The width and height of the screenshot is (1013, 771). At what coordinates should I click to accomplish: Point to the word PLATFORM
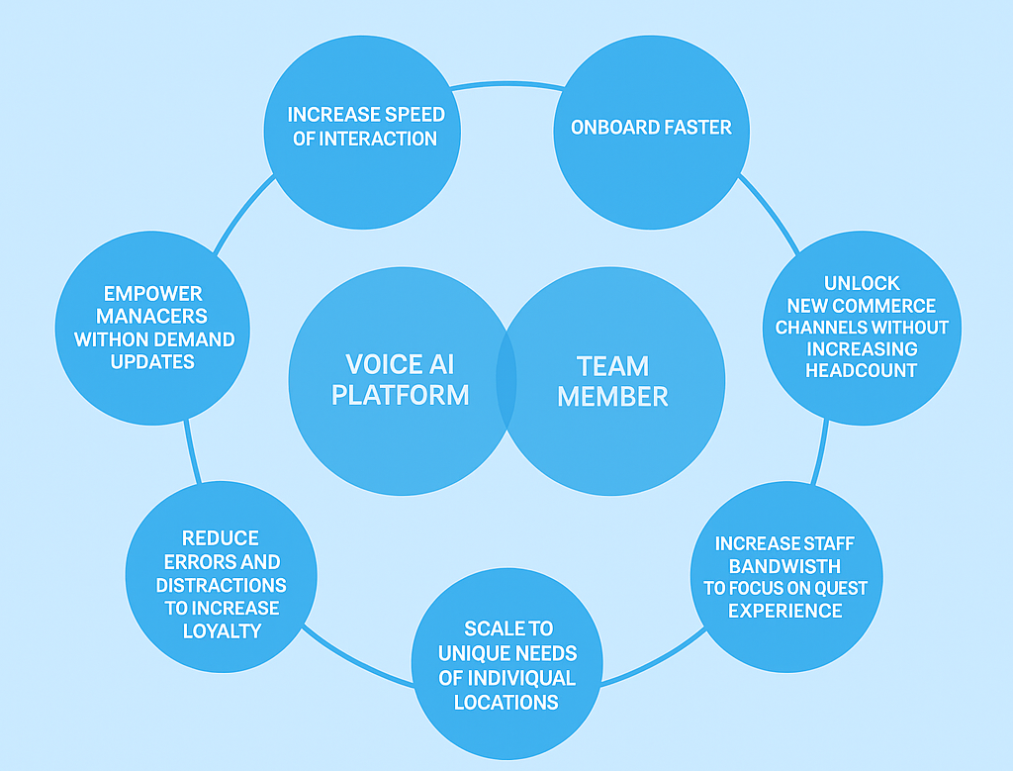tap(400, 395)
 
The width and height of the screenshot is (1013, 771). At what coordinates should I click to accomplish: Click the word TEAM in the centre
tap(613, 366)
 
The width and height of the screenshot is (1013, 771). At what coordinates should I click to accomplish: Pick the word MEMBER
tap(613, 397)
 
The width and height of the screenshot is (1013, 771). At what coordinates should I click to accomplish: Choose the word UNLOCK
tap(862, 284)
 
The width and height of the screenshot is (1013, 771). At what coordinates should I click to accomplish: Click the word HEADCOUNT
tap(862, 370)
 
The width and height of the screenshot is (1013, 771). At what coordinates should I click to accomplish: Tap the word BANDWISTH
tap(784, 566)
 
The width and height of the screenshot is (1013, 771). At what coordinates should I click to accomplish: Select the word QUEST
tap(841, 588)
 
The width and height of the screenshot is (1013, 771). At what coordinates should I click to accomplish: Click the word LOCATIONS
tap(506, 703)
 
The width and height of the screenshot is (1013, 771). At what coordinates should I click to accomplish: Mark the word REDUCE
tap(220, 538)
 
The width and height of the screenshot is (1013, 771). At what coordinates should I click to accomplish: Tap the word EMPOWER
tap(152, 294)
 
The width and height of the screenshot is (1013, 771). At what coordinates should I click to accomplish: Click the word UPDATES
tap(152, 362)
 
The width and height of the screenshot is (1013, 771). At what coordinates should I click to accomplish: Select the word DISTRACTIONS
tap(221, 585)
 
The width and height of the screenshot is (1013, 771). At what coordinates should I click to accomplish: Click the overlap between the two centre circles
tap(506, 380)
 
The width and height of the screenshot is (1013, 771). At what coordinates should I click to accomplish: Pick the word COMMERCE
tap(885, 306)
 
